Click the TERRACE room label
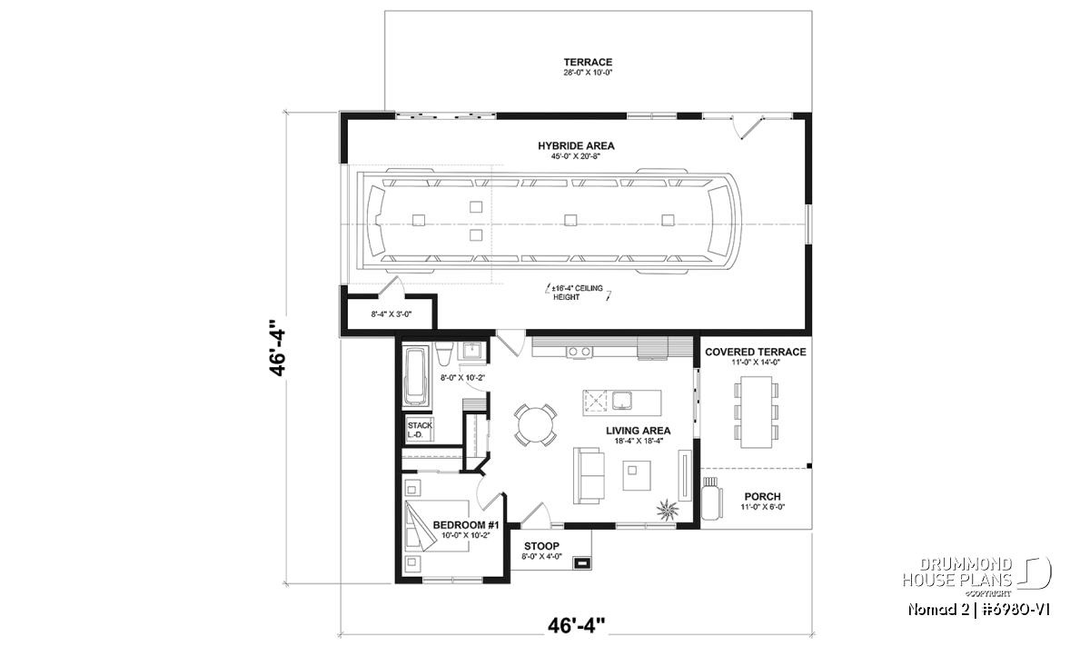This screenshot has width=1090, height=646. point(588,63)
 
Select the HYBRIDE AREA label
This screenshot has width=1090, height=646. point(576,145)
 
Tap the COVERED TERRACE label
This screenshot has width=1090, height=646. point(755,352)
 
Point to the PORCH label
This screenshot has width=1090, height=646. point(762,497)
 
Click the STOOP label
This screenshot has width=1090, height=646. point(541,546)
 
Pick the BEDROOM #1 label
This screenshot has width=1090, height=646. point(466,525)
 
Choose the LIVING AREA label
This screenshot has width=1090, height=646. point(638,431)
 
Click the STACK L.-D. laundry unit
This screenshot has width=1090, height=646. point(420,430)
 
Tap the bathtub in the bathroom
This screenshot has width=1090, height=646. point(416,376)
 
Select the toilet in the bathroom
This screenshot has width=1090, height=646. point(444,354)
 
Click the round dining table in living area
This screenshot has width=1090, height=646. point(535,425)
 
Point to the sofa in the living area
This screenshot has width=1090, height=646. point(589,475)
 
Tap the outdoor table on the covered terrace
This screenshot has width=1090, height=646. point(756,412)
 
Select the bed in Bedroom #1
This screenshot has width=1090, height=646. point(437,526)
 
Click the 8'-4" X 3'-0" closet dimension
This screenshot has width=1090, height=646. point(391,314)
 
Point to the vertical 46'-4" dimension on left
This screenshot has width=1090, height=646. point(277,348)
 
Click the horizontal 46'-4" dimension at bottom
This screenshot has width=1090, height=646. point(577,625)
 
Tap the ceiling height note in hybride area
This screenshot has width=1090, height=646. point(578,293)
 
